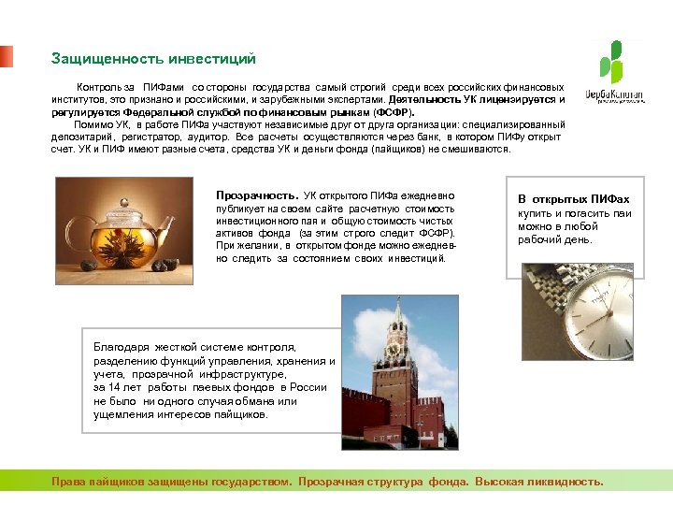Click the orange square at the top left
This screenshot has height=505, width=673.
(x=7, y=56)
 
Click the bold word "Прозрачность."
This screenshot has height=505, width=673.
(x=257, y=195)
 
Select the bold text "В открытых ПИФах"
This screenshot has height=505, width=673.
(x=574, y=199)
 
